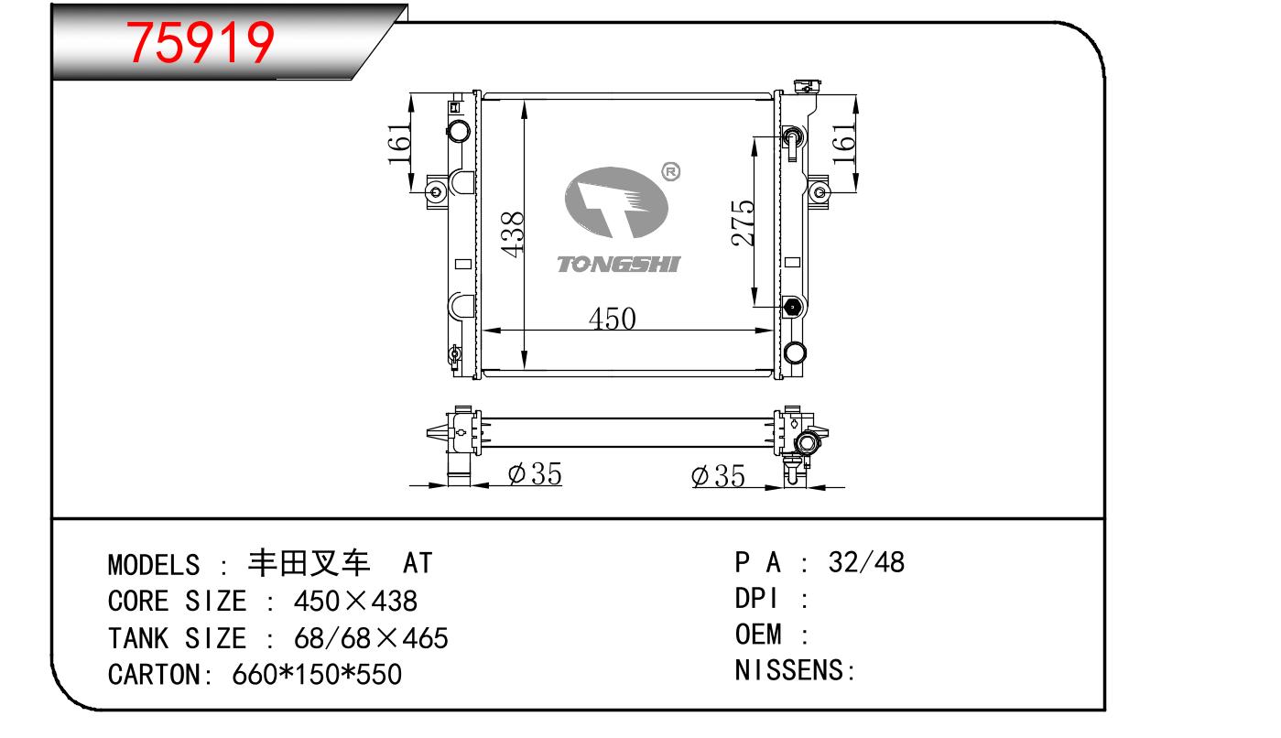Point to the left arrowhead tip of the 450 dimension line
[x=483, y=331]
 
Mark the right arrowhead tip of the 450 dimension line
[x=773, y=331]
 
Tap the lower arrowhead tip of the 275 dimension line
[x=754, y=307]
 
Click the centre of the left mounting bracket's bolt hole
[x=436, y=191]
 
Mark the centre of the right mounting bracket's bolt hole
[x=819, y=191]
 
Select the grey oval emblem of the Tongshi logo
[x=616, y=202]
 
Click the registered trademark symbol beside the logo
[x=670, y=171]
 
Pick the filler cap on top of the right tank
[x=809, y=87]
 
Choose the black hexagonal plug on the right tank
[x=792, y=307]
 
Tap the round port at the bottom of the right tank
[x=795, y=353]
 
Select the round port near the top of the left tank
[x=458, y=131]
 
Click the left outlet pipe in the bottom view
[x=459, y=470]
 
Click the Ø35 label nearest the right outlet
[x=718, y=476]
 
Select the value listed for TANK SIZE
[x=371, y=638]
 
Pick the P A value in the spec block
[x=866, y=562]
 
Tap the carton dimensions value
[x=317, y=675]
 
